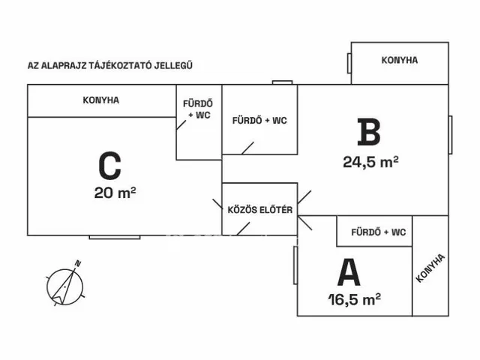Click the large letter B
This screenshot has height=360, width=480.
(x=369, y=132)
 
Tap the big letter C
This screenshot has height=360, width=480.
(x=110, y=166)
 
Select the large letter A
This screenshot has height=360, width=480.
(x=349, y=272)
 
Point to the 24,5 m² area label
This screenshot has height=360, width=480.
(x=370, y=162)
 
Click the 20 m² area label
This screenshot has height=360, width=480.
(x=115, y=193)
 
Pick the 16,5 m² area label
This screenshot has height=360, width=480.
(x=355, y=299)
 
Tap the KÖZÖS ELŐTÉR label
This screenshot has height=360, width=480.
(x=260, y=210)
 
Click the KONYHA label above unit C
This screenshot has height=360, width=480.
(x=101, y=100)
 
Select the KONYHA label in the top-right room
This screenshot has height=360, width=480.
(x=400, y=60)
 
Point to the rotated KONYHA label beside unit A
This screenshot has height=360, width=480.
(x=430, y=268)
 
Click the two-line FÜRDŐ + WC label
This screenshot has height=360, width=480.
(x=198, y=109)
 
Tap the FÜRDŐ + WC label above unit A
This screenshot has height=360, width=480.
(x=379, y=232)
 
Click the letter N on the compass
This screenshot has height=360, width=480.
(x=78, y=263)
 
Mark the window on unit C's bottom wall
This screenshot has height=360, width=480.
(x=115, y=237)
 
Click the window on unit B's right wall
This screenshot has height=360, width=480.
(x=450, y=135)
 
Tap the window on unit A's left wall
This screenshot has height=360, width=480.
(x=295, y=265)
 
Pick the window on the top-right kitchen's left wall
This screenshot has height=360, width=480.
(x=349, y=63)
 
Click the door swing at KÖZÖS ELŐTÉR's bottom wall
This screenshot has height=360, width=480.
(x=243, y=229)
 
